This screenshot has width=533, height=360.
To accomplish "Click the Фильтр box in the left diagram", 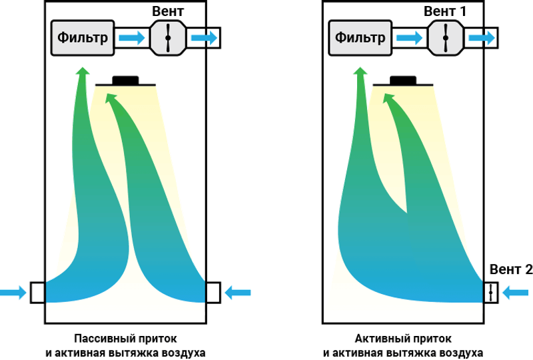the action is point(83,37).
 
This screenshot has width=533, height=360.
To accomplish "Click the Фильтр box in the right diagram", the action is point(360,37).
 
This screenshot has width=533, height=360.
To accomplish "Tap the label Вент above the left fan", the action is point(168,11).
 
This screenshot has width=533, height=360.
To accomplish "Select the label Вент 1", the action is point(445,11).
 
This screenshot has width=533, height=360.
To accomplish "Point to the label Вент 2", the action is point(511,269).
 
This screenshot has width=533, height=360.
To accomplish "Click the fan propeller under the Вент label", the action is point(168,38).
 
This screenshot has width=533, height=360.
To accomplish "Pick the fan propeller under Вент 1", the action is point(446,38).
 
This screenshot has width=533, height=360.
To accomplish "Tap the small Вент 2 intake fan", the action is point(491,293).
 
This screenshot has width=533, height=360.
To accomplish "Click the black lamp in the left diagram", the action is point(125,81).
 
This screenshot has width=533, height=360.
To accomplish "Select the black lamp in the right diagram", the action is point(403,81).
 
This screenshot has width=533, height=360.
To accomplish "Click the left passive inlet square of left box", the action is point(38,293).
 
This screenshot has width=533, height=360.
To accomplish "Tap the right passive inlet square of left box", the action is point(213,293).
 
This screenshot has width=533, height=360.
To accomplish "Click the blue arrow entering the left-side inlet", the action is point(13,293).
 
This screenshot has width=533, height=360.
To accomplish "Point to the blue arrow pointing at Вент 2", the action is point(515,293).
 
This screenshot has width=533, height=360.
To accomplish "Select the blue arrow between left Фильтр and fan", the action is point(132,37).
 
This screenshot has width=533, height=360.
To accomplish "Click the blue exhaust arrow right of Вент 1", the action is point(482,37).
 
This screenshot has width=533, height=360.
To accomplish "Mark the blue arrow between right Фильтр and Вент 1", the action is point(410,37).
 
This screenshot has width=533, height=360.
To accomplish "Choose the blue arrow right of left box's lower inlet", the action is point(238,293).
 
